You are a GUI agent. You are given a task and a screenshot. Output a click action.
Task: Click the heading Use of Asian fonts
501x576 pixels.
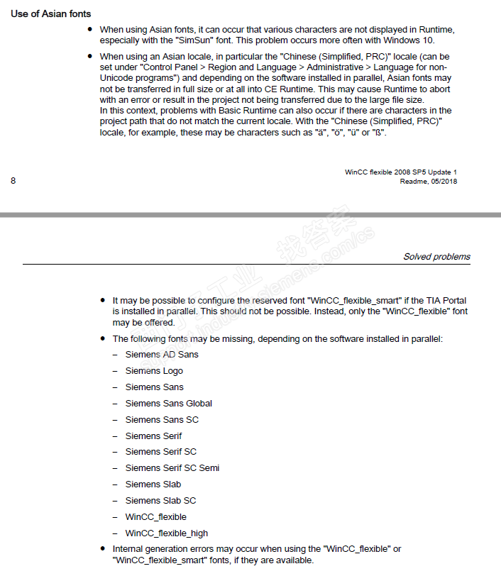pyautogui.click(x=50, y=13)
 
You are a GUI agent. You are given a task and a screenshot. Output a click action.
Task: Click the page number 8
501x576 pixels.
pyautogui.click(x=13, y=181)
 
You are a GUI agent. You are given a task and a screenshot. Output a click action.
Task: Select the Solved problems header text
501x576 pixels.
pyautogui.click(x=436, y=257)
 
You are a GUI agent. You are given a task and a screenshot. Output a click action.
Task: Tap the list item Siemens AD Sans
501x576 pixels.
pyautogui.click(x=162, y=355)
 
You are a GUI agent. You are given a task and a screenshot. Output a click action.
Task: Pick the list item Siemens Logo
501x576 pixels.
pyautogui.click(x=154, y=371)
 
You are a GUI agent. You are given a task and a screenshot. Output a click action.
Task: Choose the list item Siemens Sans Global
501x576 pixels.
pyautogui.click(x=168, y=404)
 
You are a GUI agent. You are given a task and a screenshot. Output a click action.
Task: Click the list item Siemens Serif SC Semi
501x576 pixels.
pyautogui.click(x=172, y=468)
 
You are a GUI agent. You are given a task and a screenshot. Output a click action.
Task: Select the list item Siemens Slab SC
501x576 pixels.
pyautogui.click(x=160, y=501)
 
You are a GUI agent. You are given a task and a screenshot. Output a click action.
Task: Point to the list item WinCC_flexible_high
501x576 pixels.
pyautogui.click(x=167, y=533)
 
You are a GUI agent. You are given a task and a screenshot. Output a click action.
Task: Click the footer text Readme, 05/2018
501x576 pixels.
pyautogui.click(x=429, y=182)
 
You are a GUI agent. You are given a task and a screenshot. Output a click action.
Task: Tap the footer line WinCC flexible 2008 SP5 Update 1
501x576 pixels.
pyautogui.click(x=401, y=172)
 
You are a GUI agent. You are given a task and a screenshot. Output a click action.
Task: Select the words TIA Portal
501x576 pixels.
pyautogui.click(x=442, y=301)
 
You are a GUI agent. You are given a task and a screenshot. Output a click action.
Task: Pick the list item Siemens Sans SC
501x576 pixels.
pyautogui.click(x=162, y=420)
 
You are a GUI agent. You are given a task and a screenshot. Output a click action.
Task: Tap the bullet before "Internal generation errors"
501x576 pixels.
pyautogui.click(x=104, y=549)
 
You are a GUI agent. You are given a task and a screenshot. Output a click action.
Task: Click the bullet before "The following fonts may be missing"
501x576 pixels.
pyautogui.click(x=104, y=339)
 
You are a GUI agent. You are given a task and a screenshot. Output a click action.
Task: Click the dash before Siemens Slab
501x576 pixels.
pyautogui.click(x=115, y=484)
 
